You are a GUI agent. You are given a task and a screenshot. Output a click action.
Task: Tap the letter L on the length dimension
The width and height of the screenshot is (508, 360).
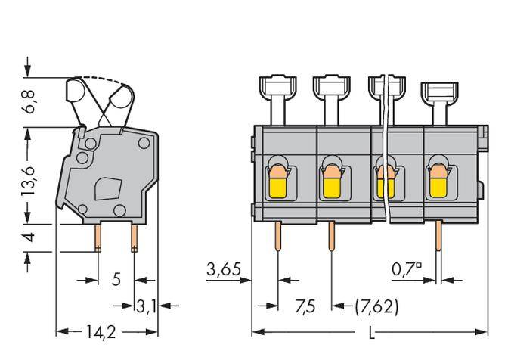coord(370,333)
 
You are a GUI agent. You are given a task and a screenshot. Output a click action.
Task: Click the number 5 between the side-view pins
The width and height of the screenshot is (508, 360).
coord(116,279)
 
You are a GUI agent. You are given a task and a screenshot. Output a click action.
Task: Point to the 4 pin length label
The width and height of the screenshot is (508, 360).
coord(28,237)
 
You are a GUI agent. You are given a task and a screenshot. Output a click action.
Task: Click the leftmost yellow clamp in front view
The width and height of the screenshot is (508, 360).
coord(277,181)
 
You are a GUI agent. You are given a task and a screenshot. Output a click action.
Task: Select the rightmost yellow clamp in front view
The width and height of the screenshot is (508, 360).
coord(438,181)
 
